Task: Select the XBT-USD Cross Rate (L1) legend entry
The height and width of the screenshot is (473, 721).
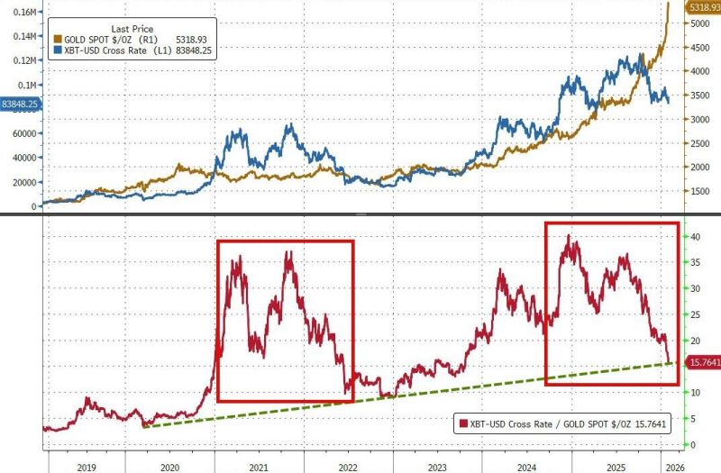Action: coord(132,51)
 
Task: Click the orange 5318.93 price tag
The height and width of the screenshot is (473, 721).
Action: coord(704,7)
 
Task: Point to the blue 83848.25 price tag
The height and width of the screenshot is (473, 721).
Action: coord(19,104)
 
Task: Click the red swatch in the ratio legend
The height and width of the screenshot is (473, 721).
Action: coord(463,423)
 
